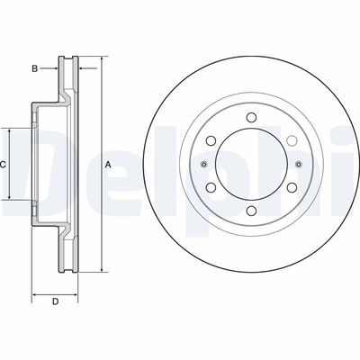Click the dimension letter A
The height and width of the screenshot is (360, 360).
[x=108, y=165]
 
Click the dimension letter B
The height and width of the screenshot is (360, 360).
[x=34, y=67]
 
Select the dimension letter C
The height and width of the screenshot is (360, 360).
[x=4, y=165]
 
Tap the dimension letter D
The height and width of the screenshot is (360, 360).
[x=55, y=301]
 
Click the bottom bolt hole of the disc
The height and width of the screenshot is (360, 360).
[x=250, y=210]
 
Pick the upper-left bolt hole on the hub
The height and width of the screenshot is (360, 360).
[x=211, y=141]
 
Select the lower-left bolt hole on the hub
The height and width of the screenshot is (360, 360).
[x=211, y=187]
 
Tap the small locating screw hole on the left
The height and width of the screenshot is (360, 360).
[x=204, y=165]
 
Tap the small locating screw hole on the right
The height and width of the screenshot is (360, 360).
[x=298, y=165]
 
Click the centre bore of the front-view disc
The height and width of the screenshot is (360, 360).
[x=250, y=165]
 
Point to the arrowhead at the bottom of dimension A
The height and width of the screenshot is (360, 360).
[x=101, y=267]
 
